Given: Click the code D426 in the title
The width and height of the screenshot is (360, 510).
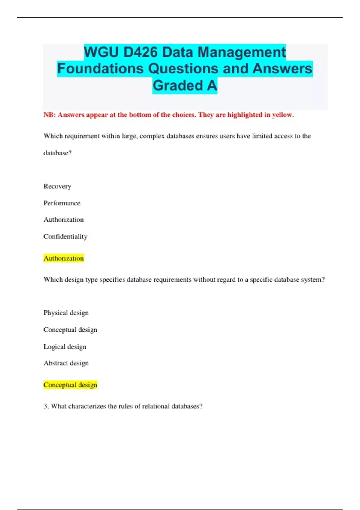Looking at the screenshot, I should click(x=140, y=52).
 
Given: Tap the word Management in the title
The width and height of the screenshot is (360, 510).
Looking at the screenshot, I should click(x=242, y=52).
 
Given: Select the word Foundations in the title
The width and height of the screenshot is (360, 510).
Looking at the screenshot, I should click(x=100, y=69).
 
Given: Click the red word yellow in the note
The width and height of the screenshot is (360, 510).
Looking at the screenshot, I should click(x=282, y=115).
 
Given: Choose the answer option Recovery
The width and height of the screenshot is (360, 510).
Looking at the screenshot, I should click(x=57, y=186).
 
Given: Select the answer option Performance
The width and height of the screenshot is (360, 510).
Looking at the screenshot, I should click(x=62, y=203).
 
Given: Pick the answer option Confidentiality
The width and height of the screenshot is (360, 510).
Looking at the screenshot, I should click(x=65, y=236).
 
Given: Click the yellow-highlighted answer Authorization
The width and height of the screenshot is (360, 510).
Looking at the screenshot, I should click(x=64, y=258).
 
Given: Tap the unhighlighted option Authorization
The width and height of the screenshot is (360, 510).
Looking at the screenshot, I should click(x=64, y=220).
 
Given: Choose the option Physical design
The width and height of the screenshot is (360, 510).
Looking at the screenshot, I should click(x=66, y=313).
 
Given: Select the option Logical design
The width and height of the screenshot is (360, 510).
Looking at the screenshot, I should click(x=65, y=347).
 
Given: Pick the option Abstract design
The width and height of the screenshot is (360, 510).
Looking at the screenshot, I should click(x=66, y=363).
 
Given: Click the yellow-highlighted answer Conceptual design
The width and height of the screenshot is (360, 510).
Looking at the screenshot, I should click(x=70, y=385).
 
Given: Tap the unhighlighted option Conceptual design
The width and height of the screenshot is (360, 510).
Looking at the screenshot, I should click(x=70, y=330).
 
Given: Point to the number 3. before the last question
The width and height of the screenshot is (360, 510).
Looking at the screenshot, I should click(x=46, y=406).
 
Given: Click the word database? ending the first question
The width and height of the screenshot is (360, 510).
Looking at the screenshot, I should click(x=58, y=153).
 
